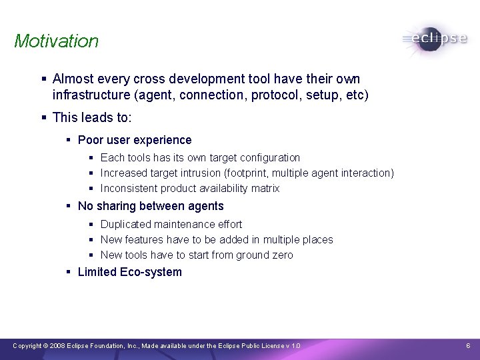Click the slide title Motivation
click(x=56, y=41)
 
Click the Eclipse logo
click(x=435, y=39)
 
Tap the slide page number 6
click(x=468, y=346)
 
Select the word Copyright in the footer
click(x=27, y=346)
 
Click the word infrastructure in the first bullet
click(x=91, y=95)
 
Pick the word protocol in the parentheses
click(x=275, y=95)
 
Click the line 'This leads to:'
click(x=92, y=118)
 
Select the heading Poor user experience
click(x=135, y=140)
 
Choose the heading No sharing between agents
click(x=151, y=207)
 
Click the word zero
click(x=281, y=255)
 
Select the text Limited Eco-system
click(x=129, y=272)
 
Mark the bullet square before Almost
click(x=43, y=79)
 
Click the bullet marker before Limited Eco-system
click(x=69, y=272)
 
